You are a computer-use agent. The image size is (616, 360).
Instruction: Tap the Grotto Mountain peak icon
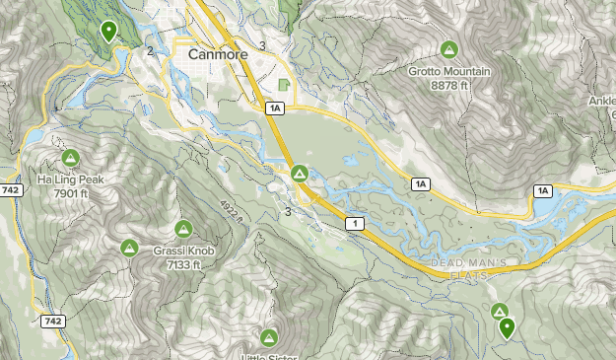coord(448,49)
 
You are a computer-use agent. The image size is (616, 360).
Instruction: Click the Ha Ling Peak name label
coord(70,180)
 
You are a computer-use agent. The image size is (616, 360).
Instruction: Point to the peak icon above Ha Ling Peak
coord(70,158)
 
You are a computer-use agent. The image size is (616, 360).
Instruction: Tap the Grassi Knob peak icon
coord(182,230)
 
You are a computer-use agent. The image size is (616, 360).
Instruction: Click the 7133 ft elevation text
coord(182,264)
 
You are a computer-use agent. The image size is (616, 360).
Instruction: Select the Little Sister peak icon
coord(269,336)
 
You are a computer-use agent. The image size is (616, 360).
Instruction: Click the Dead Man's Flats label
coord(470,267)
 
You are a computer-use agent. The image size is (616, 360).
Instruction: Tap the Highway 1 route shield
coord(351,224)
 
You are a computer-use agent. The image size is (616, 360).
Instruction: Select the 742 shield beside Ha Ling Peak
coord(11,189)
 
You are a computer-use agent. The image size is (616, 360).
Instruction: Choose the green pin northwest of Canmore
coord(108,32)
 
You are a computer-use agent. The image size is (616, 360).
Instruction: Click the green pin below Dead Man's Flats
coord(507,327)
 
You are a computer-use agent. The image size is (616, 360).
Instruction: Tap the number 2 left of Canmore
coord(150,51)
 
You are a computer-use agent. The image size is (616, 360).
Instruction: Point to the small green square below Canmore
coord(285,86)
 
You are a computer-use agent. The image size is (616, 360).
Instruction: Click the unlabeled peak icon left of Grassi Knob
coord(128,247)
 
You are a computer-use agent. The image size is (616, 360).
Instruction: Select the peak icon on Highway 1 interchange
coord(300,175)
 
